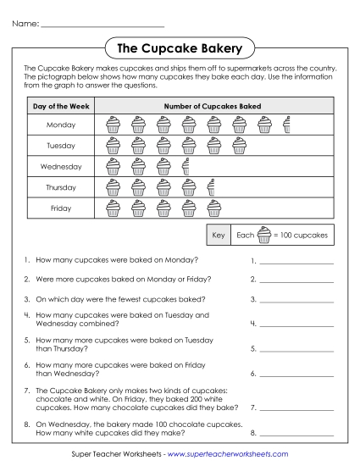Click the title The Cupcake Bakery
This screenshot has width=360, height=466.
[180, 47]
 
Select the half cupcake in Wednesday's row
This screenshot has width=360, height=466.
[186, 166]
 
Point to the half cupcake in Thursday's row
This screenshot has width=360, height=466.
[211, 187]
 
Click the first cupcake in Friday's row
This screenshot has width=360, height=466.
[113, 208]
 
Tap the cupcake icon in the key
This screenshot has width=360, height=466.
[264, 235]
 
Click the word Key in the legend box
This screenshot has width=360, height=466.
[219, 235]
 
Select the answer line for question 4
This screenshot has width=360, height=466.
[296, 324]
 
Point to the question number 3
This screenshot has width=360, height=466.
[28, 299]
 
